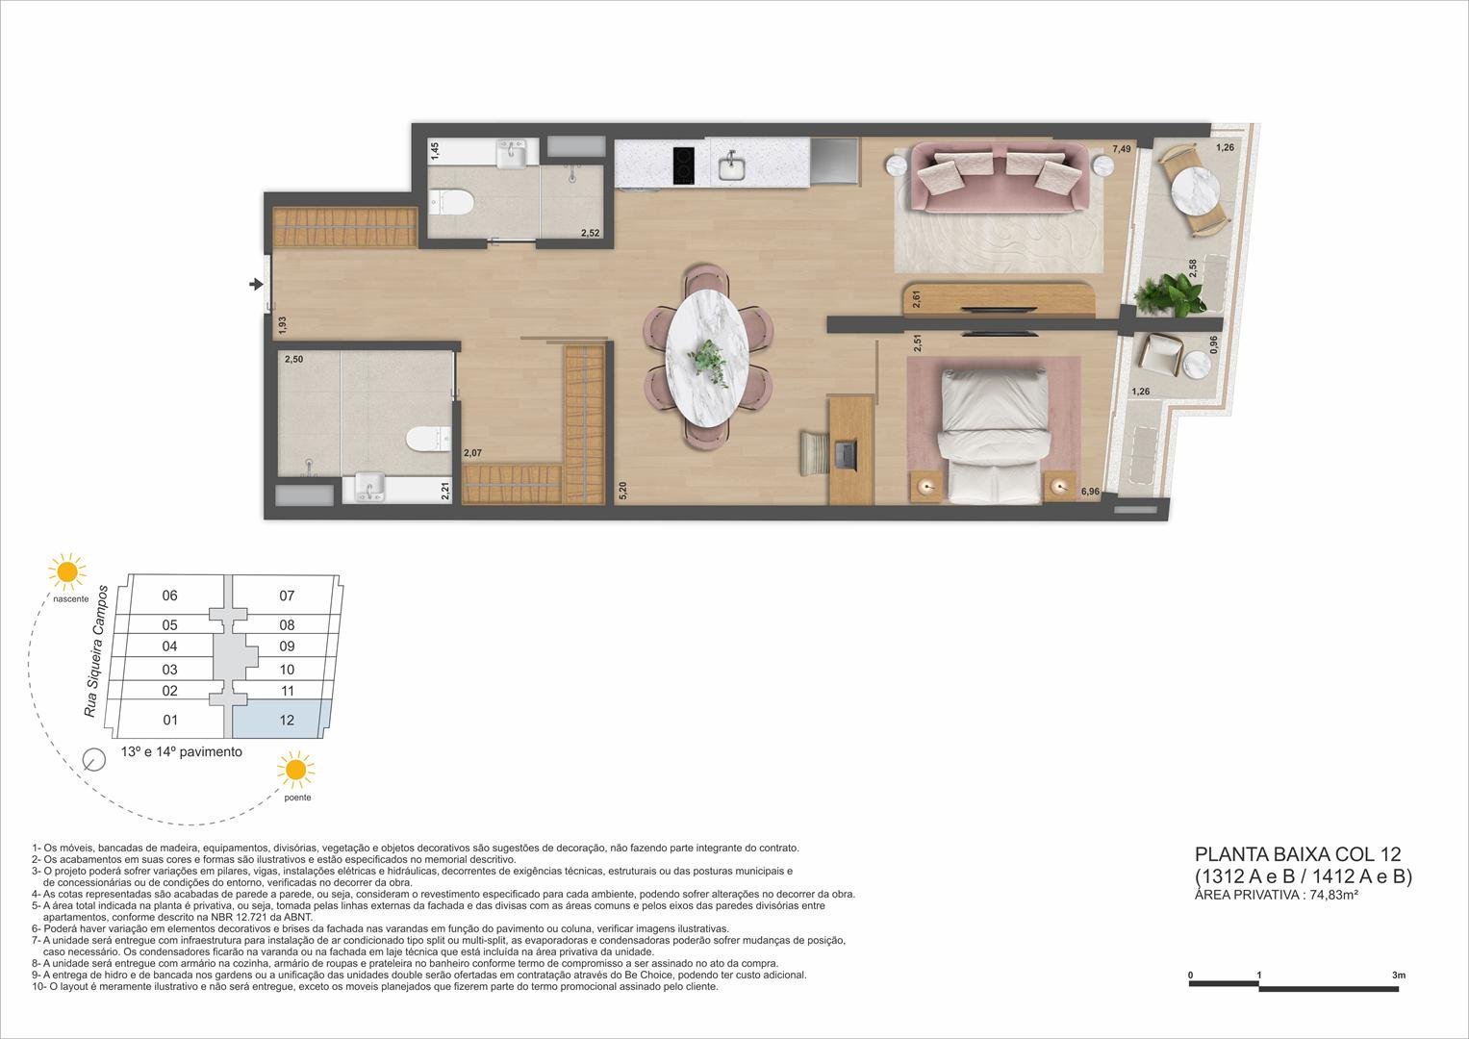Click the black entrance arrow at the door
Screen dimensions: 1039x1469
click(256, 284)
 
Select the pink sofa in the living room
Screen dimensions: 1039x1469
click(1000, 179)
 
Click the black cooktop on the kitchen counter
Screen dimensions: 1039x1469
click(684, 165)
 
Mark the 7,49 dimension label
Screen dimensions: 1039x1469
click(1122, 149)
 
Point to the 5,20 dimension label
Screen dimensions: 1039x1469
click(623, 492)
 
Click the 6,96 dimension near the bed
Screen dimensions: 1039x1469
click(1091, 492)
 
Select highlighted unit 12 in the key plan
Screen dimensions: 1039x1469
click(286, 721)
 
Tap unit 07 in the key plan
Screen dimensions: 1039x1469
click(287, 596)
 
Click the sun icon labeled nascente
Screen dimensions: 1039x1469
click(67, 571)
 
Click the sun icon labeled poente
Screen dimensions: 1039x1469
click(295, 771)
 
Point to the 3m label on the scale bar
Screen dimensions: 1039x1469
click(1398, 975)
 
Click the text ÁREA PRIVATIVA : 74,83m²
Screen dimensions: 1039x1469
click(1276, 895)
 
